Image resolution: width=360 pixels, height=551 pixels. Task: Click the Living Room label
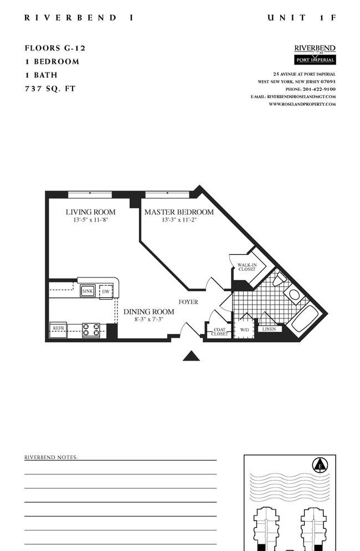[91, 212]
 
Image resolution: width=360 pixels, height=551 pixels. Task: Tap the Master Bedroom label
[179, 212]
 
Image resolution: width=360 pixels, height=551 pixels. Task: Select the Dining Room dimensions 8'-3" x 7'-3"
[149, 320]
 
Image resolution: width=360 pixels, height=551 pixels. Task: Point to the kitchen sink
[88, 291]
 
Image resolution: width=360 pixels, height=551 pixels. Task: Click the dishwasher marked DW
[106, 292]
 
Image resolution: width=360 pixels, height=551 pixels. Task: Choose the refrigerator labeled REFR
[58, 329]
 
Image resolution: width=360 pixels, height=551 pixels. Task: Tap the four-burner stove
[91, 330]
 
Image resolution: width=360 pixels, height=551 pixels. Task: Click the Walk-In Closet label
[247, 267]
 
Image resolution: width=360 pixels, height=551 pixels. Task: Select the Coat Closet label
[219, 332]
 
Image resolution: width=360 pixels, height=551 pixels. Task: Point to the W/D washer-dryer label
[244, 330]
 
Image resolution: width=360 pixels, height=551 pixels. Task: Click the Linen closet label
[269, 329]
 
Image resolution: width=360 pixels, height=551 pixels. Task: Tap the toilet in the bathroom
[280, 279]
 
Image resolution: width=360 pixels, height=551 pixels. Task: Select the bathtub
[304, 318]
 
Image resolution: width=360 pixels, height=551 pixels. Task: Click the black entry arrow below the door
[191, 356]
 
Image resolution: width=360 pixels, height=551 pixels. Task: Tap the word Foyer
[188, 302]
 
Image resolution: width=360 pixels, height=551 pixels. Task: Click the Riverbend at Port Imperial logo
[315, 54]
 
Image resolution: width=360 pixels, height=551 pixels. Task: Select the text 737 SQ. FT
[50, 89]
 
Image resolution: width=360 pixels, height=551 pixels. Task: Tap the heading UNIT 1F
[302, 18]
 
